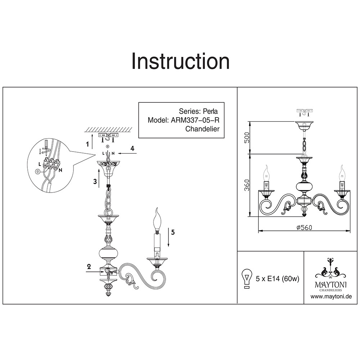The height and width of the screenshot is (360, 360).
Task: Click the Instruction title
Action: click(180, 62)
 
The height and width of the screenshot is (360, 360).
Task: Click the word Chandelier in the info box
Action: click(202, 129)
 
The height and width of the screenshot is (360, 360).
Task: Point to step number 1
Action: click(87, 144)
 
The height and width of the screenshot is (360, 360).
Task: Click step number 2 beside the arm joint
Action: click(88, 267)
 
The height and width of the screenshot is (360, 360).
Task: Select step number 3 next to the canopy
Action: click(95, 182)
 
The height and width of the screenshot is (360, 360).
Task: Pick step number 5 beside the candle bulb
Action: click(173, 232)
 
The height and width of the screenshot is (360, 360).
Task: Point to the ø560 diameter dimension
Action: click(304, 227)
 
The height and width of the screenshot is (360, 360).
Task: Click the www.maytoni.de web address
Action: click(331, 297)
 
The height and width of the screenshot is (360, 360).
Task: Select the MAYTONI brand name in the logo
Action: click(331, 284)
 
